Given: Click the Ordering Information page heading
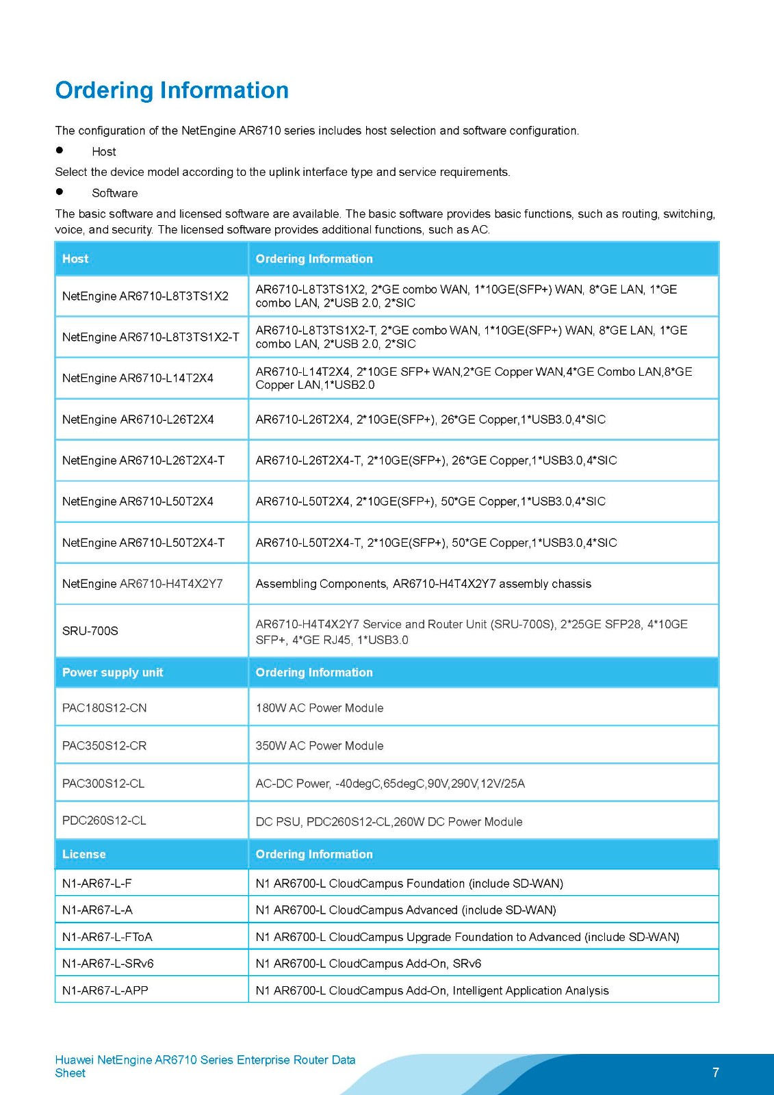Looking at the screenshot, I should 172,90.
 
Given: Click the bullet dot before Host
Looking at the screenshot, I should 60,151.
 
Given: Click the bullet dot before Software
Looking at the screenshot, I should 60,192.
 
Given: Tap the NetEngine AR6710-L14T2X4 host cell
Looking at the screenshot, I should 138,378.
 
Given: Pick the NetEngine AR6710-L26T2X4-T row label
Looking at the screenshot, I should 143,461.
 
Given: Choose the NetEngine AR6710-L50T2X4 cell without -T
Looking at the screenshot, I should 138,502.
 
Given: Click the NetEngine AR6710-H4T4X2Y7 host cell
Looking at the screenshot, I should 142,584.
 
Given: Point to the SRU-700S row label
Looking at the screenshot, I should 90,631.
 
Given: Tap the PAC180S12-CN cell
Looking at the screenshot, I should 105,708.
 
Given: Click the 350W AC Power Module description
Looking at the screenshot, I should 320,746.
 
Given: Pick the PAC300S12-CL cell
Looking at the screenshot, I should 103,784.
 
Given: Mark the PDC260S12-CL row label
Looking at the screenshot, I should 104,821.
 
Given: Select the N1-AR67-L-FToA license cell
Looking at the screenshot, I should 107,937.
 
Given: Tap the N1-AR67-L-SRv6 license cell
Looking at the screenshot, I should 108,964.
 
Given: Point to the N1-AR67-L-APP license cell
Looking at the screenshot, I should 105,990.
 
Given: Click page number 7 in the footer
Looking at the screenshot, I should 716,1072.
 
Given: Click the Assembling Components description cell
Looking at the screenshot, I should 423,584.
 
